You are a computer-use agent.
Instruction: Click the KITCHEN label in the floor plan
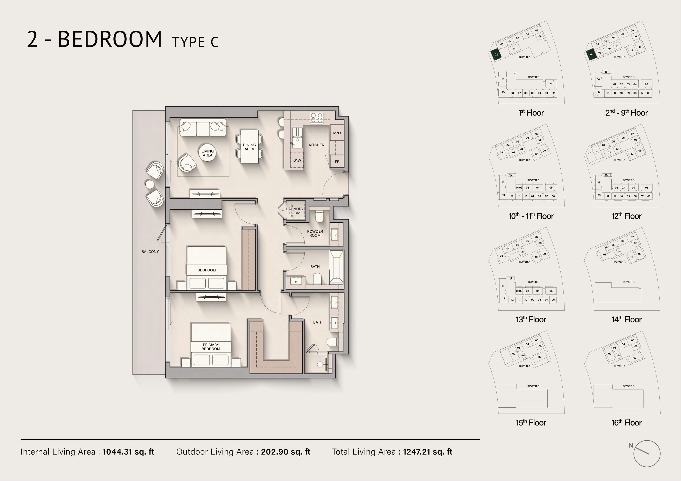(316, 145)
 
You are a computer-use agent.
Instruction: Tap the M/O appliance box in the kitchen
(337, 133)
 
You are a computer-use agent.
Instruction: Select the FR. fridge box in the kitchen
(337, 161)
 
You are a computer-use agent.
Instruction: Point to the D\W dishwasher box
(297, 160)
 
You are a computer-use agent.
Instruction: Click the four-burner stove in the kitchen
(317, 118)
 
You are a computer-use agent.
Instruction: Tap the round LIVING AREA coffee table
(208, 153)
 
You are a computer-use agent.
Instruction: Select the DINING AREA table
(249, 146)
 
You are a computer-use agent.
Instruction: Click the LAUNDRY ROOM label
(295, 211)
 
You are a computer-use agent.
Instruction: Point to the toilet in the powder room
(319, 216)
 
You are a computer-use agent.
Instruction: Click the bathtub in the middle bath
(336, 267)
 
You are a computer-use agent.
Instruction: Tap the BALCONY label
(150, 252)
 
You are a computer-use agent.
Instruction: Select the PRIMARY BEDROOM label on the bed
(211, 347)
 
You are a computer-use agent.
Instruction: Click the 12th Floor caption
(626, 216)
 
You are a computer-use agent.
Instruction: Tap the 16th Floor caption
(626, 423)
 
